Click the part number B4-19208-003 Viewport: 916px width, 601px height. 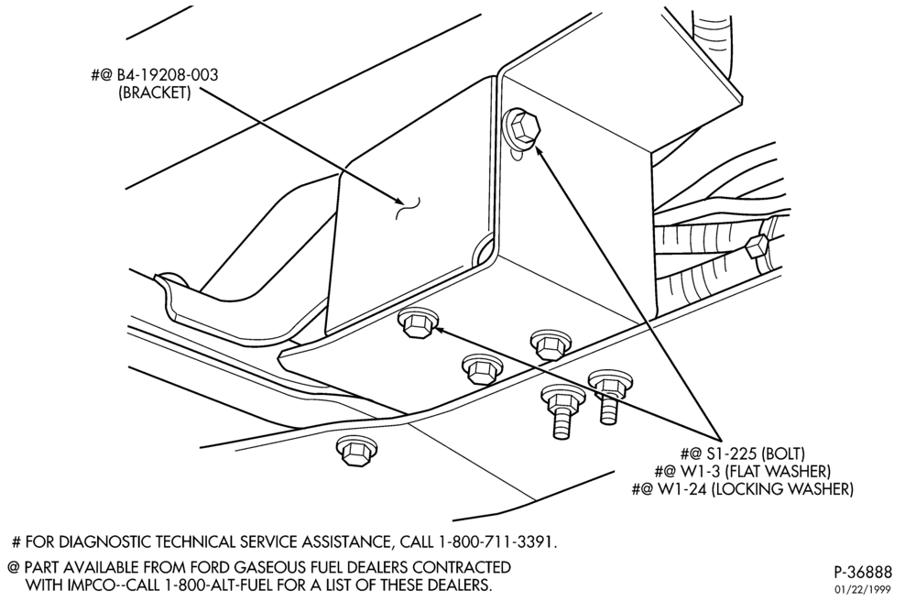(x=169, y=75)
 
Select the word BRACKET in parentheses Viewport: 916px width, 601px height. (x=154, y=93)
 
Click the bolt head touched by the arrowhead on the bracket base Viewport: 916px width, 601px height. (x=416, y=324)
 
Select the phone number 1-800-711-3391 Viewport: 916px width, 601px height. (x=496, y=542)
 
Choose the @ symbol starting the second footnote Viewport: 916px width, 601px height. (x=13, y=567)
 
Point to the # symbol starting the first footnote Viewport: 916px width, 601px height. (x=16, y=542)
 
